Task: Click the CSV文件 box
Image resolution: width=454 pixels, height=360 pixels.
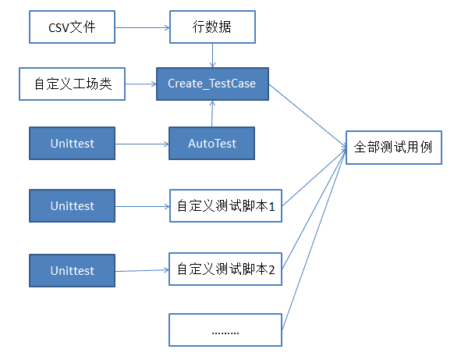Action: pyautogui.click(x=72, y=27)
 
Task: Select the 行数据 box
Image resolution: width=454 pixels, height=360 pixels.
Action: pyautogui.click(x=212, y=27)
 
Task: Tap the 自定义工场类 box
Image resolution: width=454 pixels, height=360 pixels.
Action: pyautogui.click(x=72, y=84)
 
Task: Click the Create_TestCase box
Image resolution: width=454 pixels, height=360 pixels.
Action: pyautogui.click(x=212, y=84)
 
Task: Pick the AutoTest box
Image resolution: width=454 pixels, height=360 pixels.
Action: pyautogui.click(x=211, y=143)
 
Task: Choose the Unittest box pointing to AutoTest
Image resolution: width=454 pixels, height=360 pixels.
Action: pyautogui.click(x=72, y=143)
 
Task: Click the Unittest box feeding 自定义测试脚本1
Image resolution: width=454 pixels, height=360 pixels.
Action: pyautogui.click(x=72, y=206)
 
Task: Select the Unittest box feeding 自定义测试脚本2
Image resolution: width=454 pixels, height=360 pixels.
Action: pyautogui.click(x=72, y=271)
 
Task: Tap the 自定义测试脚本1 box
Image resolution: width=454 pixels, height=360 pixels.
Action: pyautogui.click(x=225, y=206)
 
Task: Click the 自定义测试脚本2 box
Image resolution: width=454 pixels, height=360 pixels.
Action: pyautogui.click(x=225, y=269)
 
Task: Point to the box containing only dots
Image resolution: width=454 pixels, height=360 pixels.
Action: pyautogui.click(x=225, y=330)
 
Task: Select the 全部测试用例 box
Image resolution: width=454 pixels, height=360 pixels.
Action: pyautogui.click(x=394, y=148)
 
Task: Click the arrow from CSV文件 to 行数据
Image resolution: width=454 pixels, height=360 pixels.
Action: pyautogui.click(x=142, y=28)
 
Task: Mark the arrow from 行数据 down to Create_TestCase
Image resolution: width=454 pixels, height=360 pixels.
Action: pyautogui.click(x=212, y=55)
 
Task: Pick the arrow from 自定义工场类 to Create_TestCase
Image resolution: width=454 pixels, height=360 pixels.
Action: pyautogui.click(x=140, y=84)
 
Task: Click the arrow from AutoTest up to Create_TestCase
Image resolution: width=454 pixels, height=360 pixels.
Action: pyautogui.click(x=212, y=114)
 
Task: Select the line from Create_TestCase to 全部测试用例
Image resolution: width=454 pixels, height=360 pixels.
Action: pyautogui.click(x=307, y=116)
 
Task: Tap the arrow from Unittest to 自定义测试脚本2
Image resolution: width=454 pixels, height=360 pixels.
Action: pyautogui.click(x=142, y=271)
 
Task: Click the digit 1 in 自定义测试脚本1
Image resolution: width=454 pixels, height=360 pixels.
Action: pyautogui.click(x=271, y=207)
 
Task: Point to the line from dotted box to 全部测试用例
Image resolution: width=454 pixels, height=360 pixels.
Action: pyautogui.click(x=314, y=238)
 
